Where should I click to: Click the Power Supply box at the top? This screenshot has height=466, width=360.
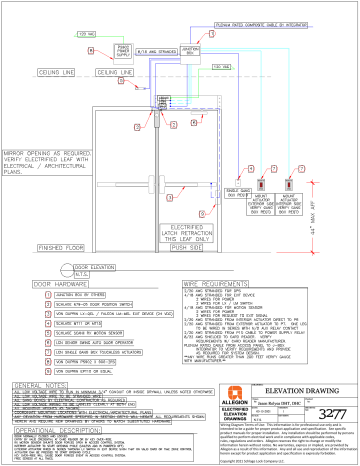click(x=97, y=47)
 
